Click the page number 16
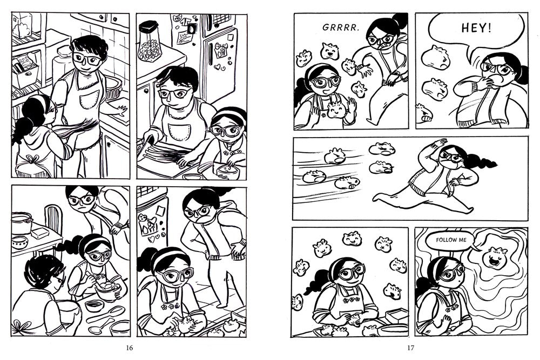pyautogui.click(x=130, y=348)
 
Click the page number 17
pyautogui.click(x=410, y=348)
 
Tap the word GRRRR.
pyautogui.click(x=341, y=28)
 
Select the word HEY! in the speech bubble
pyautogui.click(x=476, y=28)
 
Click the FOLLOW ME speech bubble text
pyautogui.click(x=451, y=240)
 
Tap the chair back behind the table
pyautogui.click(x=53, y=219)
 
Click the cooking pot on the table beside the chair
pyautogui.click(x=22, y=222)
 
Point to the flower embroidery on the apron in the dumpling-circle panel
pyautogui.click(x=350, y=300)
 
